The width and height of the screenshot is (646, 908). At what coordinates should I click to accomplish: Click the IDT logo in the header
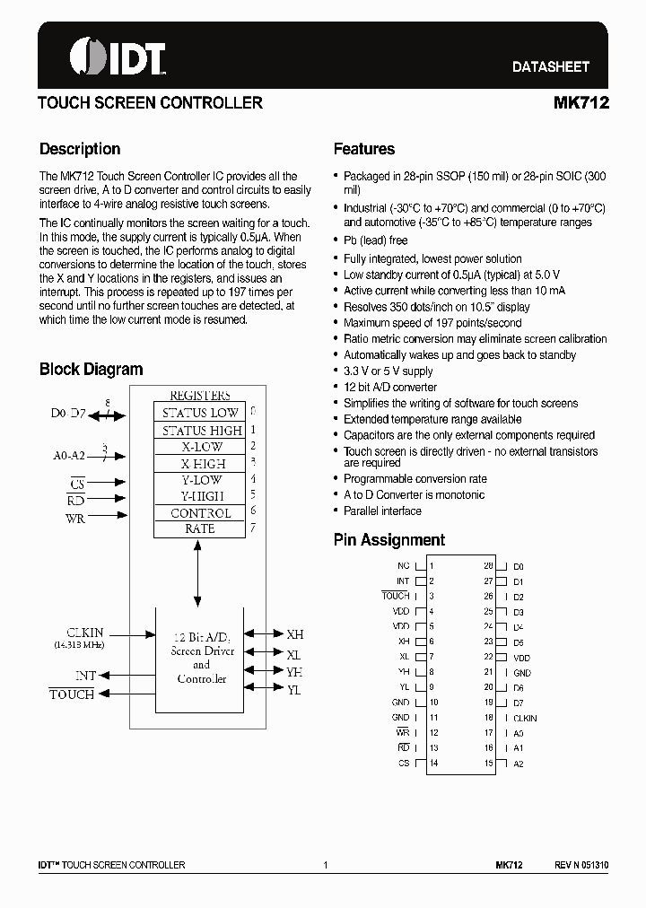(118, 57)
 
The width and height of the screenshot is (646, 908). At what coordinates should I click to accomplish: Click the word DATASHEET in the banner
(551, 66)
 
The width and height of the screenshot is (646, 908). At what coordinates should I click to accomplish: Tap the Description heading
(80, 149)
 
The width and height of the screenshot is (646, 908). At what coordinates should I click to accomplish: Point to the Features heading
(363, 149)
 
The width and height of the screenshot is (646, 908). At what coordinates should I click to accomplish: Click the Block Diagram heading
(91, 369)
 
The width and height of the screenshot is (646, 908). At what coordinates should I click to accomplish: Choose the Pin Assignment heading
(388, 540)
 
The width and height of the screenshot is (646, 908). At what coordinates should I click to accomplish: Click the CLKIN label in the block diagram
(84, 633)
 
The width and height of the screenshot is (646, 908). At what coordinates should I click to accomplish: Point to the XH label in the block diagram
(294, 634)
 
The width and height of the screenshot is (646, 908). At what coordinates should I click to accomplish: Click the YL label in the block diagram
(293, 690)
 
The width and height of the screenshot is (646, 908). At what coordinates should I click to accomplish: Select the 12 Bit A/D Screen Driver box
(200, 659)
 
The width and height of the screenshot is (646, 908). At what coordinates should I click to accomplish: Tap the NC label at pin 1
(403, 566)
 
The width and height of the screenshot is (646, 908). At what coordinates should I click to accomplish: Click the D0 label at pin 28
(519, 567)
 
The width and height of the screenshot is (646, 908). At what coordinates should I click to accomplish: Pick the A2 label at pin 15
(519, 764)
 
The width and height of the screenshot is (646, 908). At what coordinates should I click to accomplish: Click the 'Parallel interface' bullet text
(381, 511)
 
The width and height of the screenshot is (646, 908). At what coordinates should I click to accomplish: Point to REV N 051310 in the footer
(581, 865)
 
